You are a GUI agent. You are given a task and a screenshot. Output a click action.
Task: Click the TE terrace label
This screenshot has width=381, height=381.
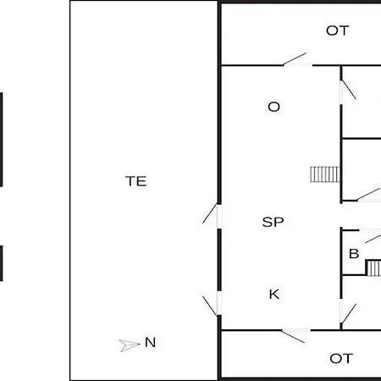pyautogui.click(x=136, y=181)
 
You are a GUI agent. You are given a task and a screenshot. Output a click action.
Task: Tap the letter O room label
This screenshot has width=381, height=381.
pyautogui.click(x=273, y=107)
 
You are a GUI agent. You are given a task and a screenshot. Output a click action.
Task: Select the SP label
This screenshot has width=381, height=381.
pyautogui.click(x=273, y=222)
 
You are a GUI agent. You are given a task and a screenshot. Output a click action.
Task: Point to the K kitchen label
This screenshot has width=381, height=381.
pyautogui.click(x=274, y=294)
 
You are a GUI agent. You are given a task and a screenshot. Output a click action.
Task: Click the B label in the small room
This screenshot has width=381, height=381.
pyautogui.click(x=354, y=253)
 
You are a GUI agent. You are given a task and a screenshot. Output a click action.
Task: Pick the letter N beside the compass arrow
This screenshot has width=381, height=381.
pyautogui.click(x=150, y=342)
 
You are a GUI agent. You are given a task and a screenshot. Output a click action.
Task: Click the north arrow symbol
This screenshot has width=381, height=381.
pyautogui.click(x=130, y=345)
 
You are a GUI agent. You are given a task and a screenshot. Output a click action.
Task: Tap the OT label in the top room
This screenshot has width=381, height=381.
pyautogui.click(x=338, y=30)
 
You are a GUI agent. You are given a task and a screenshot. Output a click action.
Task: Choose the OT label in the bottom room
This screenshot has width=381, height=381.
pyautogui.click(x=341, y=358)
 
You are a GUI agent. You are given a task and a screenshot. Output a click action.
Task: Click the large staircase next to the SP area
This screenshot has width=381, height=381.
pyautogui.click(x=325, y=174)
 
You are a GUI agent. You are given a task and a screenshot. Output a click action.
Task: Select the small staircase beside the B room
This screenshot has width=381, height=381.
pyautogui.click(x=373, y=268)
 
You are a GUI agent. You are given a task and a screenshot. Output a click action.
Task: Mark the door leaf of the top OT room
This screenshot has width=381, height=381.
pyautogui.click(x=295, y=58)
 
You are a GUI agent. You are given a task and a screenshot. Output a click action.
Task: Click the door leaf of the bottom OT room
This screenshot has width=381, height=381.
pyautogui.click(x=293, y=336)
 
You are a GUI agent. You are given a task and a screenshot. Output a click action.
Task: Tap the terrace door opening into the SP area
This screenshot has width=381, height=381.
pyautogui.click(x=210, y=213)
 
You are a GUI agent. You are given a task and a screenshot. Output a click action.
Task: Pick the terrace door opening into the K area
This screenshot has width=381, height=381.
pyautogui.click(x=210, y=306)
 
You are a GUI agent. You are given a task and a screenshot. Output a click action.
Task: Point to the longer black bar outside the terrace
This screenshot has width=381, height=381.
pyautogui.click(x=1, y=140)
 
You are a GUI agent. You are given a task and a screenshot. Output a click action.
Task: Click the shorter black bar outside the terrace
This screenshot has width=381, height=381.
pyautogui.click(x=1, y=263)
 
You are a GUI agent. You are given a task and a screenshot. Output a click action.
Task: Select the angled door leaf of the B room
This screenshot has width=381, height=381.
pyautogui.click(x=373, y=238)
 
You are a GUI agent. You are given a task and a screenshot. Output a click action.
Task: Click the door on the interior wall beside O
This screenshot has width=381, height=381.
pyautogui.click(x=348, y=91)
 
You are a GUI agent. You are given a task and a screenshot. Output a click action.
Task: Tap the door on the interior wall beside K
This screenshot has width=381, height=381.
pyautogui.click(x=348, y=313)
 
